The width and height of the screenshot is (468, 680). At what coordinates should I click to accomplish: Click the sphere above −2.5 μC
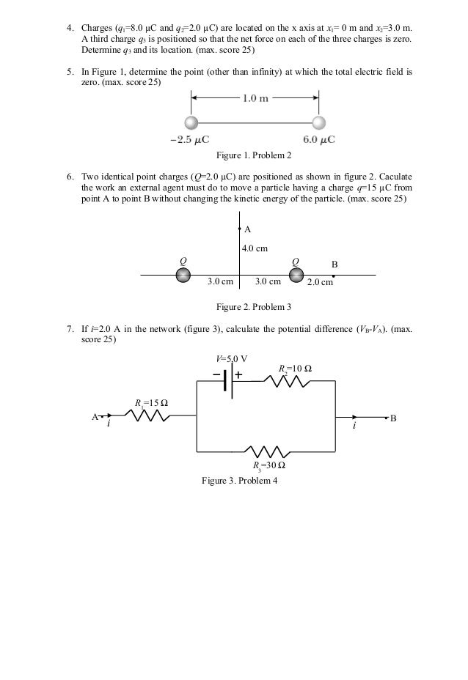(x=191, y=122)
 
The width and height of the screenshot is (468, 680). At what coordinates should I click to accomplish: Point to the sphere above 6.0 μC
(x=318, y=122)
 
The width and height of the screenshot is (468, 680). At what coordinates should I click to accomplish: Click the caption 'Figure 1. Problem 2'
(x=254, y=156)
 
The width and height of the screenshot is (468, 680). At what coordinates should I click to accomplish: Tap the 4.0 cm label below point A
(x=255, y=249)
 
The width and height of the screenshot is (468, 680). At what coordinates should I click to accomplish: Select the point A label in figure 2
(x=247, y=229)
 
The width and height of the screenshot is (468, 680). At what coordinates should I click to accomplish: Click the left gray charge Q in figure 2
(x=182, y=275)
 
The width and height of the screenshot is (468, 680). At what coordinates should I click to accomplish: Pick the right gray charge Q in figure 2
(x=296, y=275)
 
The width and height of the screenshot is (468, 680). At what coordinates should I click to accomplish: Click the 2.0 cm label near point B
(x=320, y=281)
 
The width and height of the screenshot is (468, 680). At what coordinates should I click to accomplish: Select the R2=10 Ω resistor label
(x=295, y=368)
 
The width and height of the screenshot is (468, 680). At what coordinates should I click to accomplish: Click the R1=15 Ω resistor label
(x=151, y=402)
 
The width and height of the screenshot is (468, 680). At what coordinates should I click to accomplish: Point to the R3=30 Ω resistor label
(x=269, y=465)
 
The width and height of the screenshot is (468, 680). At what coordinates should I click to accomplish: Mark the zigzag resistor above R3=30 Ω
(x=267, y=450)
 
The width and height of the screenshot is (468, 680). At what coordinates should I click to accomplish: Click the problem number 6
(x=69, y=177)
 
